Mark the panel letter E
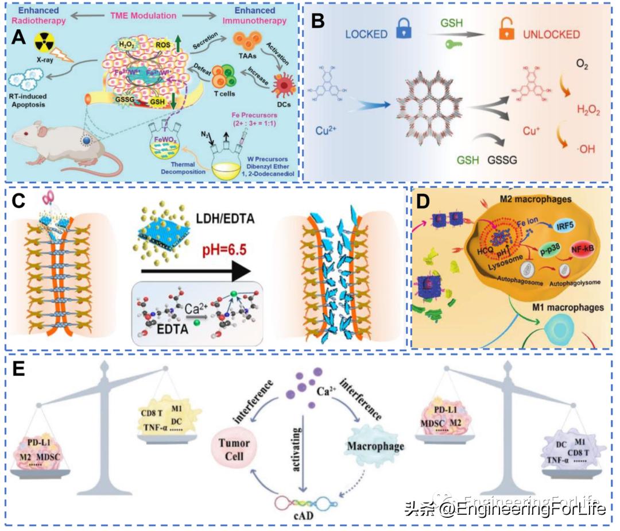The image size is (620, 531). pos(19,368)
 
